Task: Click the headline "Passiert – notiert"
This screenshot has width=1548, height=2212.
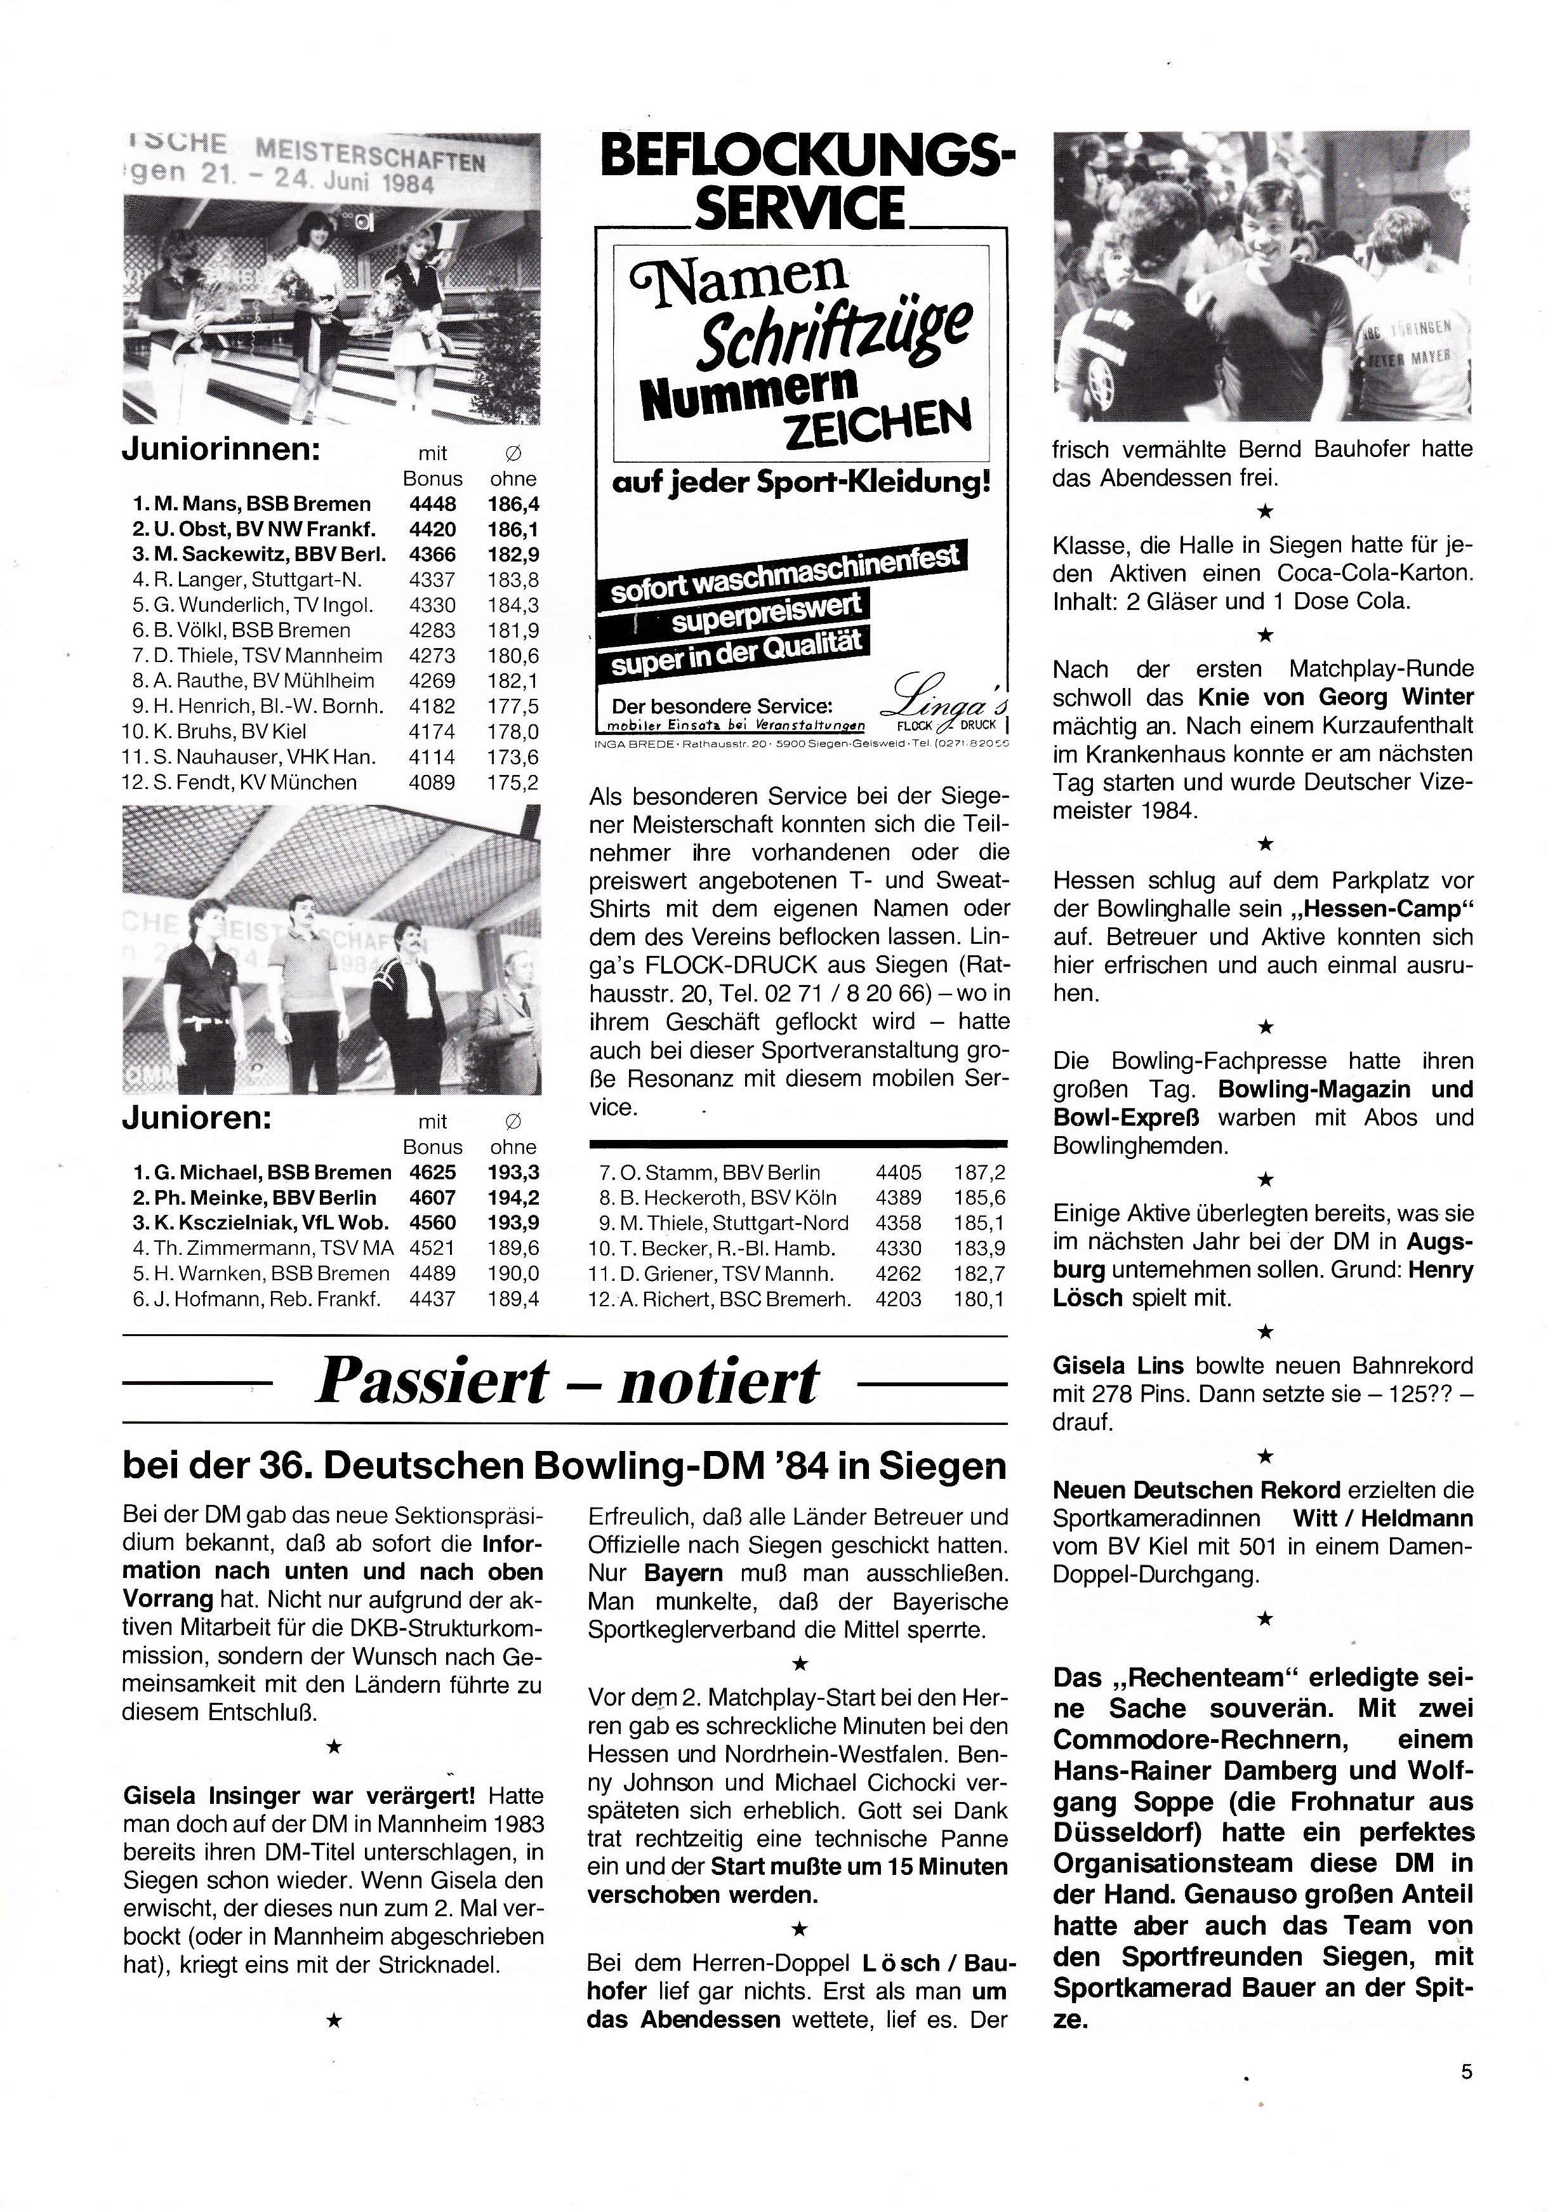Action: [x=566, y=1382]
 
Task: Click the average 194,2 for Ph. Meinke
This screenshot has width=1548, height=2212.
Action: [x=513, y=1198]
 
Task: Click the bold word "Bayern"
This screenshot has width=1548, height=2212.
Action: [x=685, y=1572]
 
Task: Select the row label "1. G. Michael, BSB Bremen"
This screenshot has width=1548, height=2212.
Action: [x=262, y=1172]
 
